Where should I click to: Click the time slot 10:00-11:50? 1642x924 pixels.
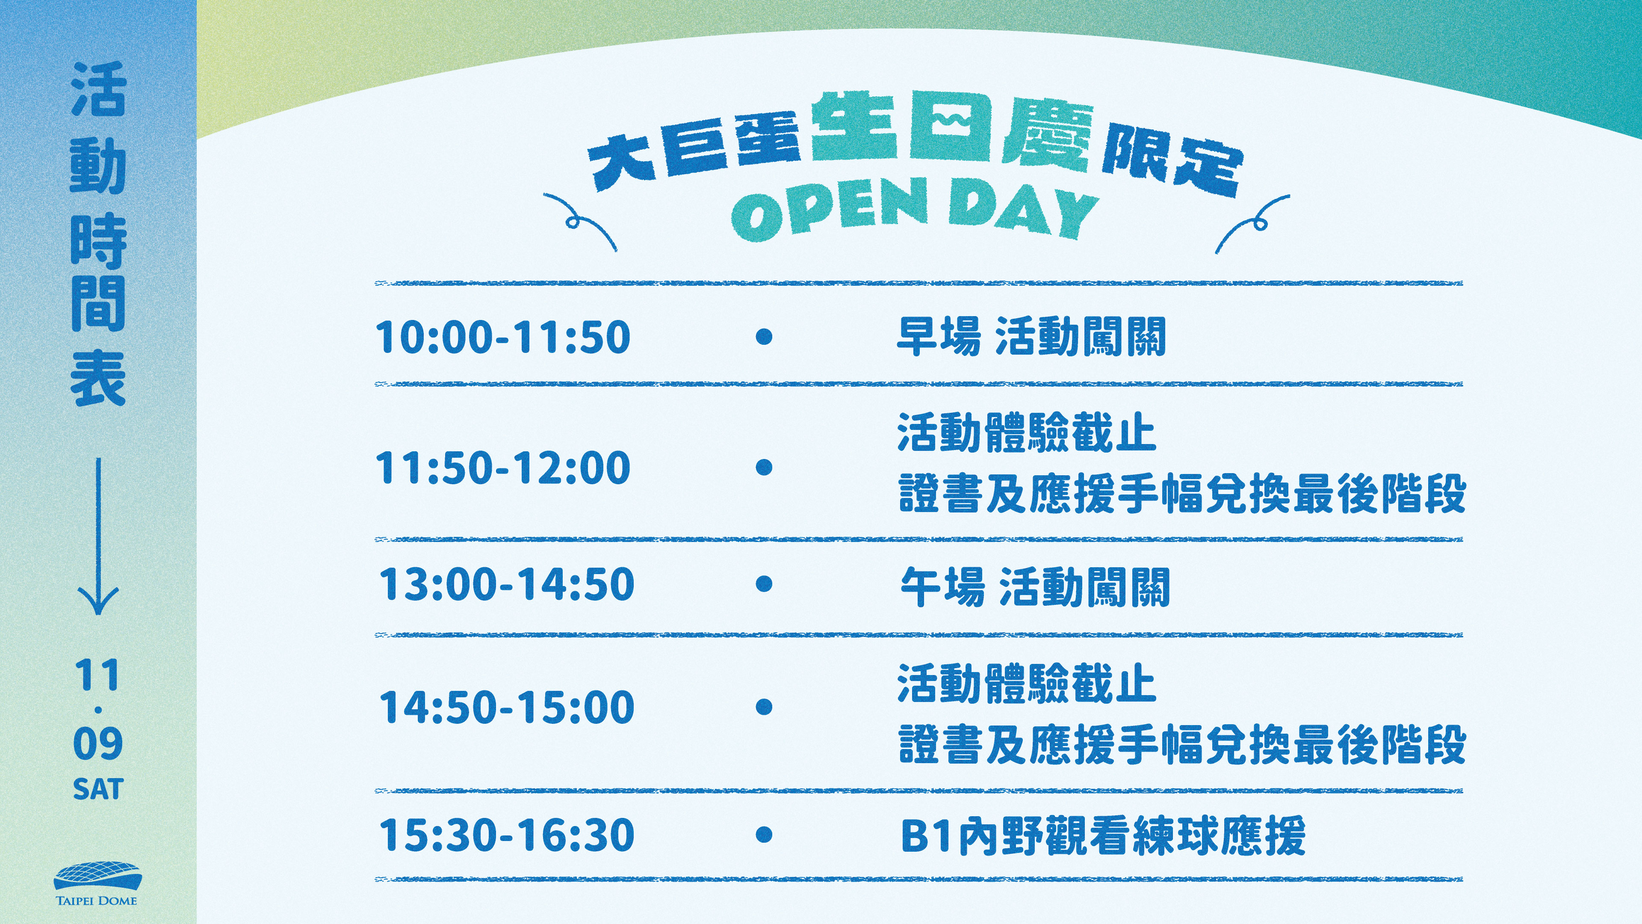503,337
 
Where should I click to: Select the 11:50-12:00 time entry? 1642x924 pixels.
503,468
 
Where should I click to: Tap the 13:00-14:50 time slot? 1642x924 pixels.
507,584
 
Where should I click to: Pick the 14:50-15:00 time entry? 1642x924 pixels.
507,707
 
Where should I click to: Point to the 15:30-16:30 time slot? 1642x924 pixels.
507,835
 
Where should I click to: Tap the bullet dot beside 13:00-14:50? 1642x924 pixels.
764,583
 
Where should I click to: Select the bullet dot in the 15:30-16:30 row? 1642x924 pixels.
764,834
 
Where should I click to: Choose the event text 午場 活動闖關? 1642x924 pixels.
1034,586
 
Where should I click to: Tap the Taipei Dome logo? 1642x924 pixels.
97,884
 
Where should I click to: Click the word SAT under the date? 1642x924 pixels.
97,789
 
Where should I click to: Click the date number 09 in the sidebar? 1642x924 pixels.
97,743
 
